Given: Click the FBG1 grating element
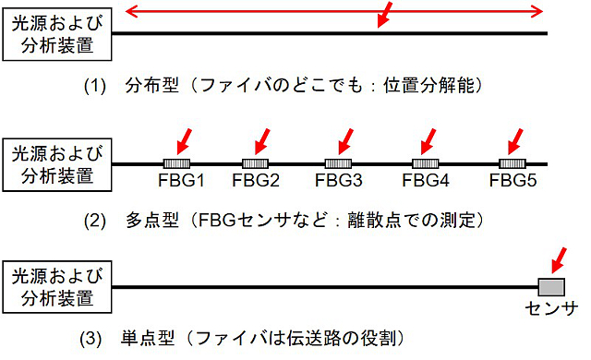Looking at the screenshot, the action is click(176, 163).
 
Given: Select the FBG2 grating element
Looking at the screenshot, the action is click(255, 163).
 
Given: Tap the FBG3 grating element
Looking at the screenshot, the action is click(338, 163).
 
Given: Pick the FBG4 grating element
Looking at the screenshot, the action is click(426, 163).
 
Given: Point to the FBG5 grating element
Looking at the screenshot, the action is click(513, 163).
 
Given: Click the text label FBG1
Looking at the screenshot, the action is click(181, 180).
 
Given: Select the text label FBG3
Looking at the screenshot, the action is click(339, 180).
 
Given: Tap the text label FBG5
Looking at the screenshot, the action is click(513, 180).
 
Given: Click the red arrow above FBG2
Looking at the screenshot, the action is click(262, 141).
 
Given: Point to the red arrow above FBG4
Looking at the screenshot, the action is click(428, 141).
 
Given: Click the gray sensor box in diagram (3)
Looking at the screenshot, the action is click(551, 287).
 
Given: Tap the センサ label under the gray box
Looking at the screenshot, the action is click(551, 308).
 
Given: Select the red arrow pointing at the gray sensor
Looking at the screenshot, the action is click(559, 260).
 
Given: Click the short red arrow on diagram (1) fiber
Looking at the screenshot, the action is click(385, 15).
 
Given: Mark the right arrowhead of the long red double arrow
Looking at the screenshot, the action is click(537, 11).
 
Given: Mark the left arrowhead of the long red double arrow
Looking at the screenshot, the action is click(131, 11).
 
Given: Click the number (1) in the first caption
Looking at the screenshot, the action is click(94, 86).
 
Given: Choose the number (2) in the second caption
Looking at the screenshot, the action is click(94, 221).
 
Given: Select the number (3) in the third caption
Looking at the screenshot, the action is click(90, 339).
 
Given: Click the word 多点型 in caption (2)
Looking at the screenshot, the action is click(151, 221).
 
